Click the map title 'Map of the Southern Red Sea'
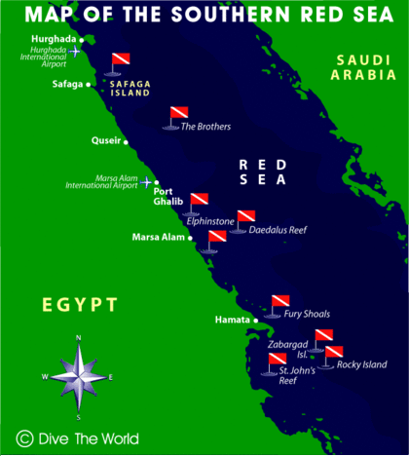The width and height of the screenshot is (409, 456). pos(204,15)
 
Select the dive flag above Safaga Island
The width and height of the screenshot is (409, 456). pos(119,61)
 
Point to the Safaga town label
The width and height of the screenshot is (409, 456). pos(67,85)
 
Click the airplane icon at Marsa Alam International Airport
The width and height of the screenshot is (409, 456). pos(147,182)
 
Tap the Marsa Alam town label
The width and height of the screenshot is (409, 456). pos(157,237)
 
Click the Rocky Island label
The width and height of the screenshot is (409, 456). pos(361,365)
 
